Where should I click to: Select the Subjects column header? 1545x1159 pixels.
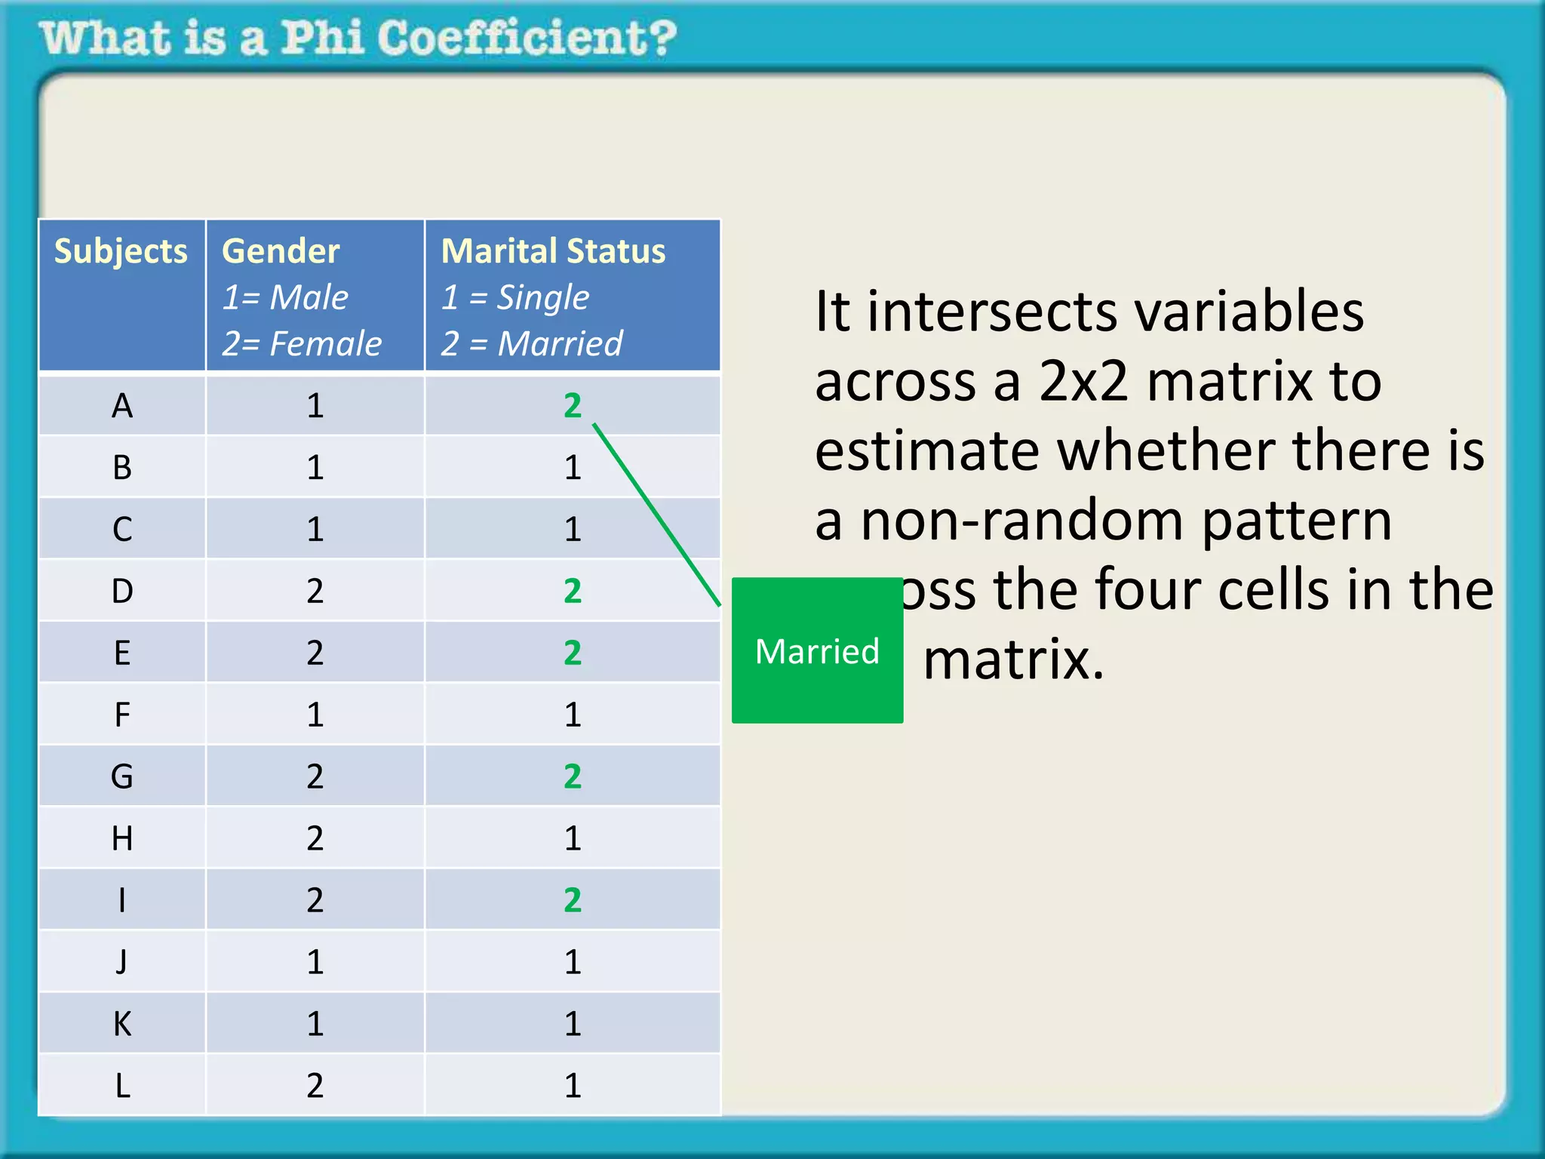point(121,251)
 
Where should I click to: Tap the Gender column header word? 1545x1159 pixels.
point(281,251)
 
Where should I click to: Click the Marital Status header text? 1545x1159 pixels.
point(553,251)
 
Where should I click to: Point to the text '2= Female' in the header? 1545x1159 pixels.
point(302,344)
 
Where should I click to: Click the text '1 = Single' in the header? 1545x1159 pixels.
point(515,297)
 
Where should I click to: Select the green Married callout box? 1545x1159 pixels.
point(817,650)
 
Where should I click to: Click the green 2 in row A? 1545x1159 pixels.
point(573,406)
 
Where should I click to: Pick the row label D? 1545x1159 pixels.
point(122,591)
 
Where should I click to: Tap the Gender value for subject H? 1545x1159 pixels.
point(315,838)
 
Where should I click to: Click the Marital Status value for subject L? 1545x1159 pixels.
point(573,1086)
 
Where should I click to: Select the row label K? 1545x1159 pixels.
point(122,1024)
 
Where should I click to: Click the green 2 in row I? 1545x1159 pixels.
point(573,900)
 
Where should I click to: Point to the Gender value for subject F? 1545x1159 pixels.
point(315,715)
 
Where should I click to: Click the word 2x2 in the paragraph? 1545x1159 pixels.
point(1083,381)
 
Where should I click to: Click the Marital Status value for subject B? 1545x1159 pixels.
point(573,468)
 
